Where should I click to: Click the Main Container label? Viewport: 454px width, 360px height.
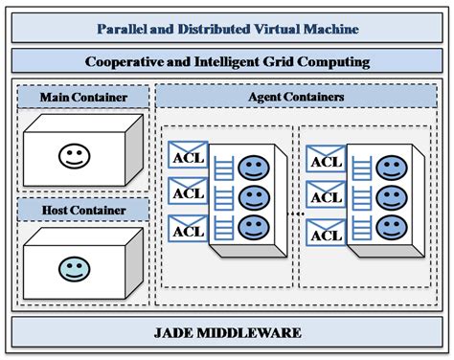click(x=83, y=98)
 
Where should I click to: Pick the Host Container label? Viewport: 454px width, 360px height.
click(x=83, y=209)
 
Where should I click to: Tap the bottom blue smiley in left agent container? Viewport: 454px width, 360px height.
click(x=252, y=228)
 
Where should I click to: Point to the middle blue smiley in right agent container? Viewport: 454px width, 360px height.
click(x=390, y=199)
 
